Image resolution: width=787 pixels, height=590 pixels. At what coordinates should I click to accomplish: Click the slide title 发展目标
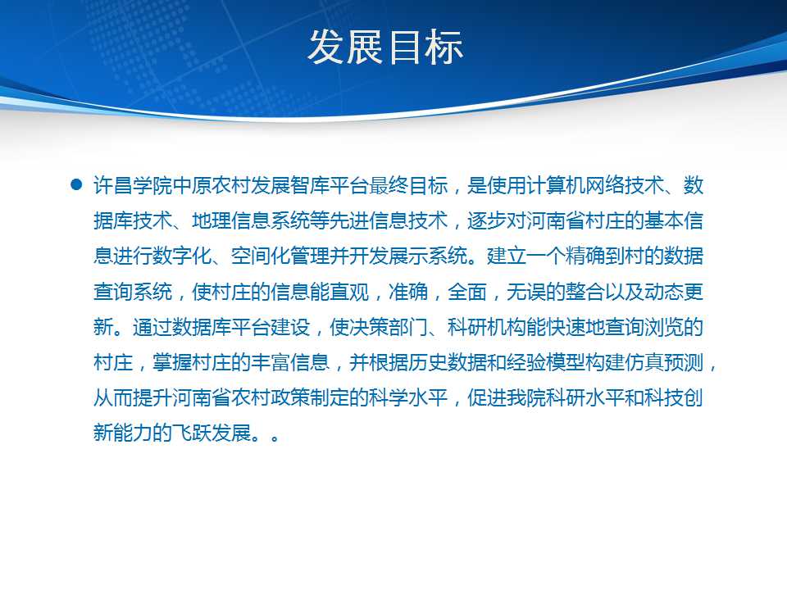click(385, 48)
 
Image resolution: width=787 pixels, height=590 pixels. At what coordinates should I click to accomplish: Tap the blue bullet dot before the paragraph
click(76, 184)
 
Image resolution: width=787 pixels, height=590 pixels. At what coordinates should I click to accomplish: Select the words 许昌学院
click(133, 186)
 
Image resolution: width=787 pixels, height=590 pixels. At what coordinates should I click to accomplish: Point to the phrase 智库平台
click(330, 186)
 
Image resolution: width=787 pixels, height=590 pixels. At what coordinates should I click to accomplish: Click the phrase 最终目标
click(408, 186)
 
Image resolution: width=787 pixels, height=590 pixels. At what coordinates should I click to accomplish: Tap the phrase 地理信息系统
click(251, 220)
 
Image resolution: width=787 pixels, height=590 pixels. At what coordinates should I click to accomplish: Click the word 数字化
click(182, 256)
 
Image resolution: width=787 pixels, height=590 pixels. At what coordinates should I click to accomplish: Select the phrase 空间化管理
click(280, 256)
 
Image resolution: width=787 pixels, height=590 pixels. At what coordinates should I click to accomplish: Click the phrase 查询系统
click(133, 292)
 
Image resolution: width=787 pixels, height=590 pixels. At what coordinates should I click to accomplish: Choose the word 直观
click(349, 292)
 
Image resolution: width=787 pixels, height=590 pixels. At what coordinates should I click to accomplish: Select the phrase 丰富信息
click(290, 362)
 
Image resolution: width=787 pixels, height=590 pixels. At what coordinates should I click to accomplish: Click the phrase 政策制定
click(310, 398)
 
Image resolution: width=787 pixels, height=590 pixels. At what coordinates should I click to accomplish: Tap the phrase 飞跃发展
click(212, 433)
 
